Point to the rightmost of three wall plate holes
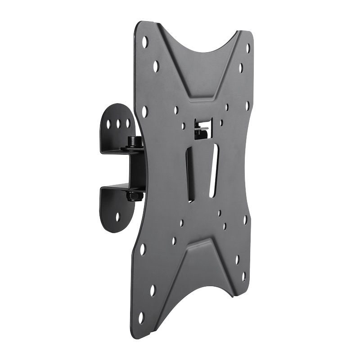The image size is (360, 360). coord(128,123)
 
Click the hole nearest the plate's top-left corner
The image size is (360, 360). coord(145,42)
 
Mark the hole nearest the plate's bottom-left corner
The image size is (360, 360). coord(141,316)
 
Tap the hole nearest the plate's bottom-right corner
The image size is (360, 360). coord(243,276)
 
